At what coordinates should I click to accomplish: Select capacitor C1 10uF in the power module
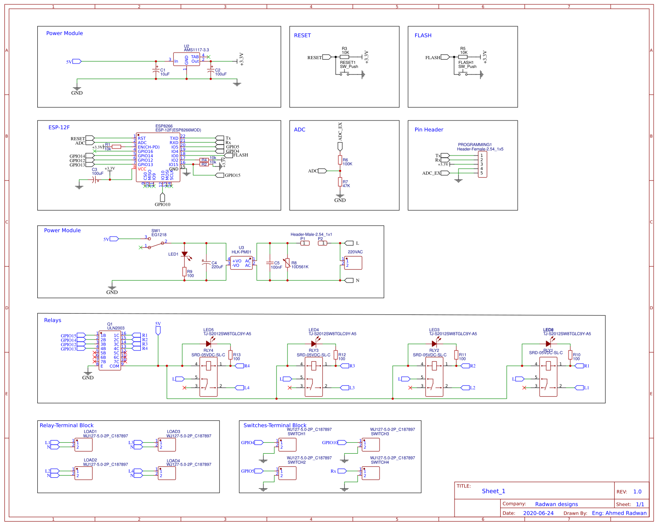pos(156,70)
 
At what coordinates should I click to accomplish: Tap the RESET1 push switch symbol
pos(345,73)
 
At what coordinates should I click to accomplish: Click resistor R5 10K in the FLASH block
pos(463,57)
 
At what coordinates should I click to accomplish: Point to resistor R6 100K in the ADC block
pos(340,159)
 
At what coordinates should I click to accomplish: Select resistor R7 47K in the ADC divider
pos(340,182)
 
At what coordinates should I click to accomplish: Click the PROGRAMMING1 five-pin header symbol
pos(482,164)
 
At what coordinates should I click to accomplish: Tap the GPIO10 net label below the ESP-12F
pos(163,204)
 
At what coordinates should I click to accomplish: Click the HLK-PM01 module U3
pos(241,263)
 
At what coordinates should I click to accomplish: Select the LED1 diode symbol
pos(185,254)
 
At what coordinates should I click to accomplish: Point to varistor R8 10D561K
pos(287,263)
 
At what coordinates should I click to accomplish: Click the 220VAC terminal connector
pos(353,263)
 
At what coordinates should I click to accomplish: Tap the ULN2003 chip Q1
pos(110,350)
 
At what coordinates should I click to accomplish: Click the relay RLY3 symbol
pos(313,377)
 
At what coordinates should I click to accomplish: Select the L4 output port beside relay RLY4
pos(240,388)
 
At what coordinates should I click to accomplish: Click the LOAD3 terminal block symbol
pos(167,445)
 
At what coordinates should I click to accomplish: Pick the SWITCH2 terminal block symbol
pos(287,473)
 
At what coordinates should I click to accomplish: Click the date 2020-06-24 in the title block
pos(538,513)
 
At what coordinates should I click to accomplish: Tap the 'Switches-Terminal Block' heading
pos(275,425)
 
